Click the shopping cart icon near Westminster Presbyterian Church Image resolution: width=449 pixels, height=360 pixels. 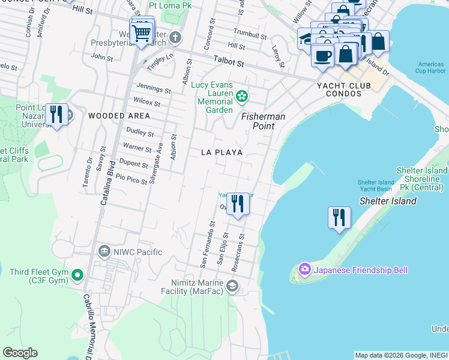pos(142,33)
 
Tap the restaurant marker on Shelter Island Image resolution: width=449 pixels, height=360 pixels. pos(339,217)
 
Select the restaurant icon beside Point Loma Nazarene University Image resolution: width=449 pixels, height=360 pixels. pos(57,114)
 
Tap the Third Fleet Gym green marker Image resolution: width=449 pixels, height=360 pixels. pos(77,276)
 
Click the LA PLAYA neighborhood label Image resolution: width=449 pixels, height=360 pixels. pos(222,153)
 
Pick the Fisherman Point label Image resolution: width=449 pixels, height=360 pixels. pos(263,121)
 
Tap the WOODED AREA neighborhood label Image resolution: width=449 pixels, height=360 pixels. pos(119,116)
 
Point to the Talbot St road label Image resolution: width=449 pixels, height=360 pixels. pos(229,62)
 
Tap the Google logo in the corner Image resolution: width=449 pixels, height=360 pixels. pos(20,353)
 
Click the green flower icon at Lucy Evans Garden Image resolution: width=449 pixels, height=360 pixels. pos(242,95)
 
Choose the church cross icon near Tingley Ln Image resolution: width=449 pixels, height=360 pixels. pos(175,38)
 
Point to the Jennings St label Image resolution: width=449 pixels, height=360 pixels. pos(154,89)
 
